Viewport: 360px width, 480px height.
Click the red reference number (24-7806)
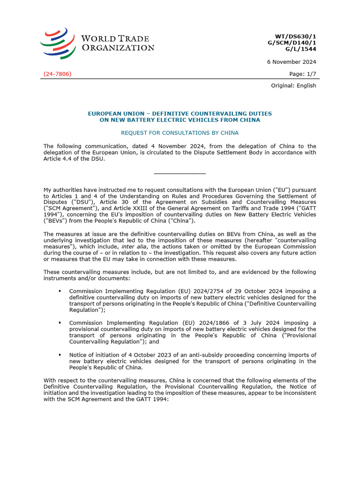coord(57,74)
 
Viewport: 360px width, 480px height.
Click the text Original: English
coord(294,86)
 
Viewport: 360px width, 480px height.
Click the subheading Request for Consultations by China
coord(180,133)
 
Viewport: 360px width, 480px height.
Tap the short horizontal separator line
coord(180,174)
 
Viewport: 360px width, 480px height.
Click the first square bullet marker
coord(60,291)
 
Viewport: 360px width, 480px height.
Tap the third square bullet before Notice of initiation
coord(60,355)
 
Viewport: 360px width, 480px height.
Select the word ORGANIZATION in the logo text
coord(118,47)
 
